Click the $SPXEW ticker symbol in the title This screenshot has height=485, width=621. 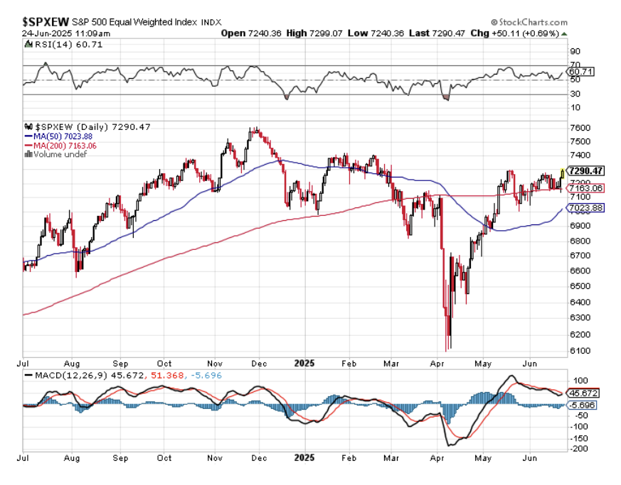pyautogui.click(x=46, y=22)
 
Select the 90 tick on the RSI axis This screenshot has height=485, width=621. pyautogui.click(x=574, y=51)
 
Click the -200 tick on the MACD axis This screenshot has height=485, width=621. pyautogui.click(x=578, y=449)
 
